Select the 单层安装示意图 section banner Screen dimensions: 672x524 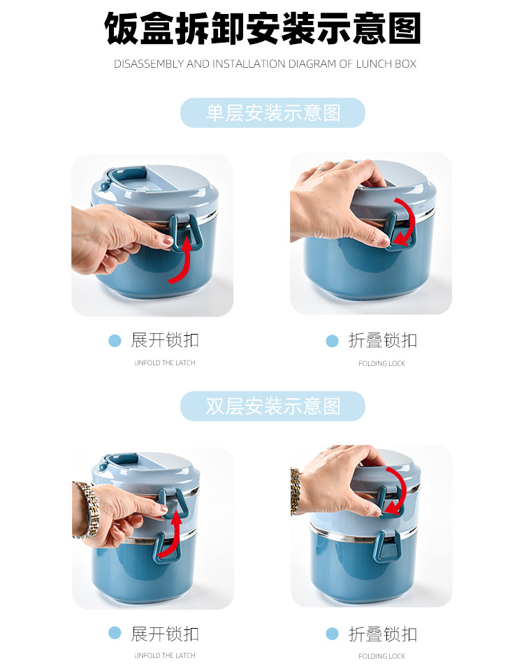point(272,112)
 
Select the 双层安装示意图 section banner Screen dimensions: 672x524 point(272,406)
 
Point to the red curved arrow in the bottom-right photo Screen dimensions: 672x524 point(393,489)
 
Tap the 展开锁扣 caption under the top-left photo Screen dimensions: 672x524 point(165,340)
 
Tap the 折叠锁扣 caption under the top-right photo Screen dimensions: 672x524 point(382,340)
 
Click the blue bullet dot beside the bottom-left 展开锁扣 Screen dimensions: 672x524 point(115,634)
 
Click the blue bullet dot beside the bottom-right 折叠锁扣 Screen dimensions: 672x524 point(332,634)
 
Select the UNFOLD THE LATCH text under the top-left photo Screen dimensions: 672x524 point(165,363)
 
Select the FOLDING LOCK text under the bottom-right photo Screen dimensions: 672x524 point(382,656)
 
